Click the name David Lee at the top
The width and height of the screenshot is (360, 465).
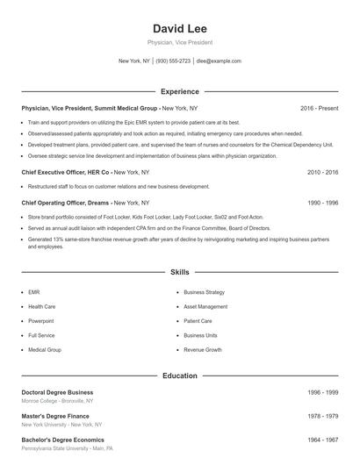point(179,29)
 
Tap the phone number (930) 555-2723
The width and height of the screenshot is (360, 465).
point(174,61)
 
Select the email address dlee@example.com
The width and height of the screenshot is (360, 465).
point(219,61)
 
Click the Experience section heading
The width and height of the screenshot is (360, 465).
point(180,91)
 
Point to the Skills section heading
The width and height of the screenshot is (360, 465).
point(180,273)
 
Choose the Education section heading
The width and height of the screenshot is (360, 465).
point(180,376)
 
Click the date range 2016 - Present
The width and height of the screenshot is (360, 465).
point(319,108)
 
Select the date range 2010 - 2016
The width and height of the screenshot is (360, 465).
point(322,172)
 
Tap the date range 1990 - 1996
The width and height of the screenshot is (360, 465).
point(322,203)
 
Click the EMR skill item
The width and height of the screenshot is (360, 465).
point(34,292)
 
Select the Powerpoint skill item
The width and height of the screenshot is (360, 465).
point(41,321)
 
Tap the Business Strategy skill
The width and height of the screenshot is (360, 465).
point(204,292)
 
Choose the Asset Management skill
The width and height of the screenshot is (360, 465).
point(205,307)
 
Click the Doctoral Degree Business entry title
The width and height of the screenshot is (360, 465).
point(57,392)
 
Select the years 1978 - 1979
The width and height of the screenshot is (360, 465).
point(322,416)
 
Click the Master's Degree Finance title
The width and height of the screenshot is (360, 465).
point(55,416)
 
